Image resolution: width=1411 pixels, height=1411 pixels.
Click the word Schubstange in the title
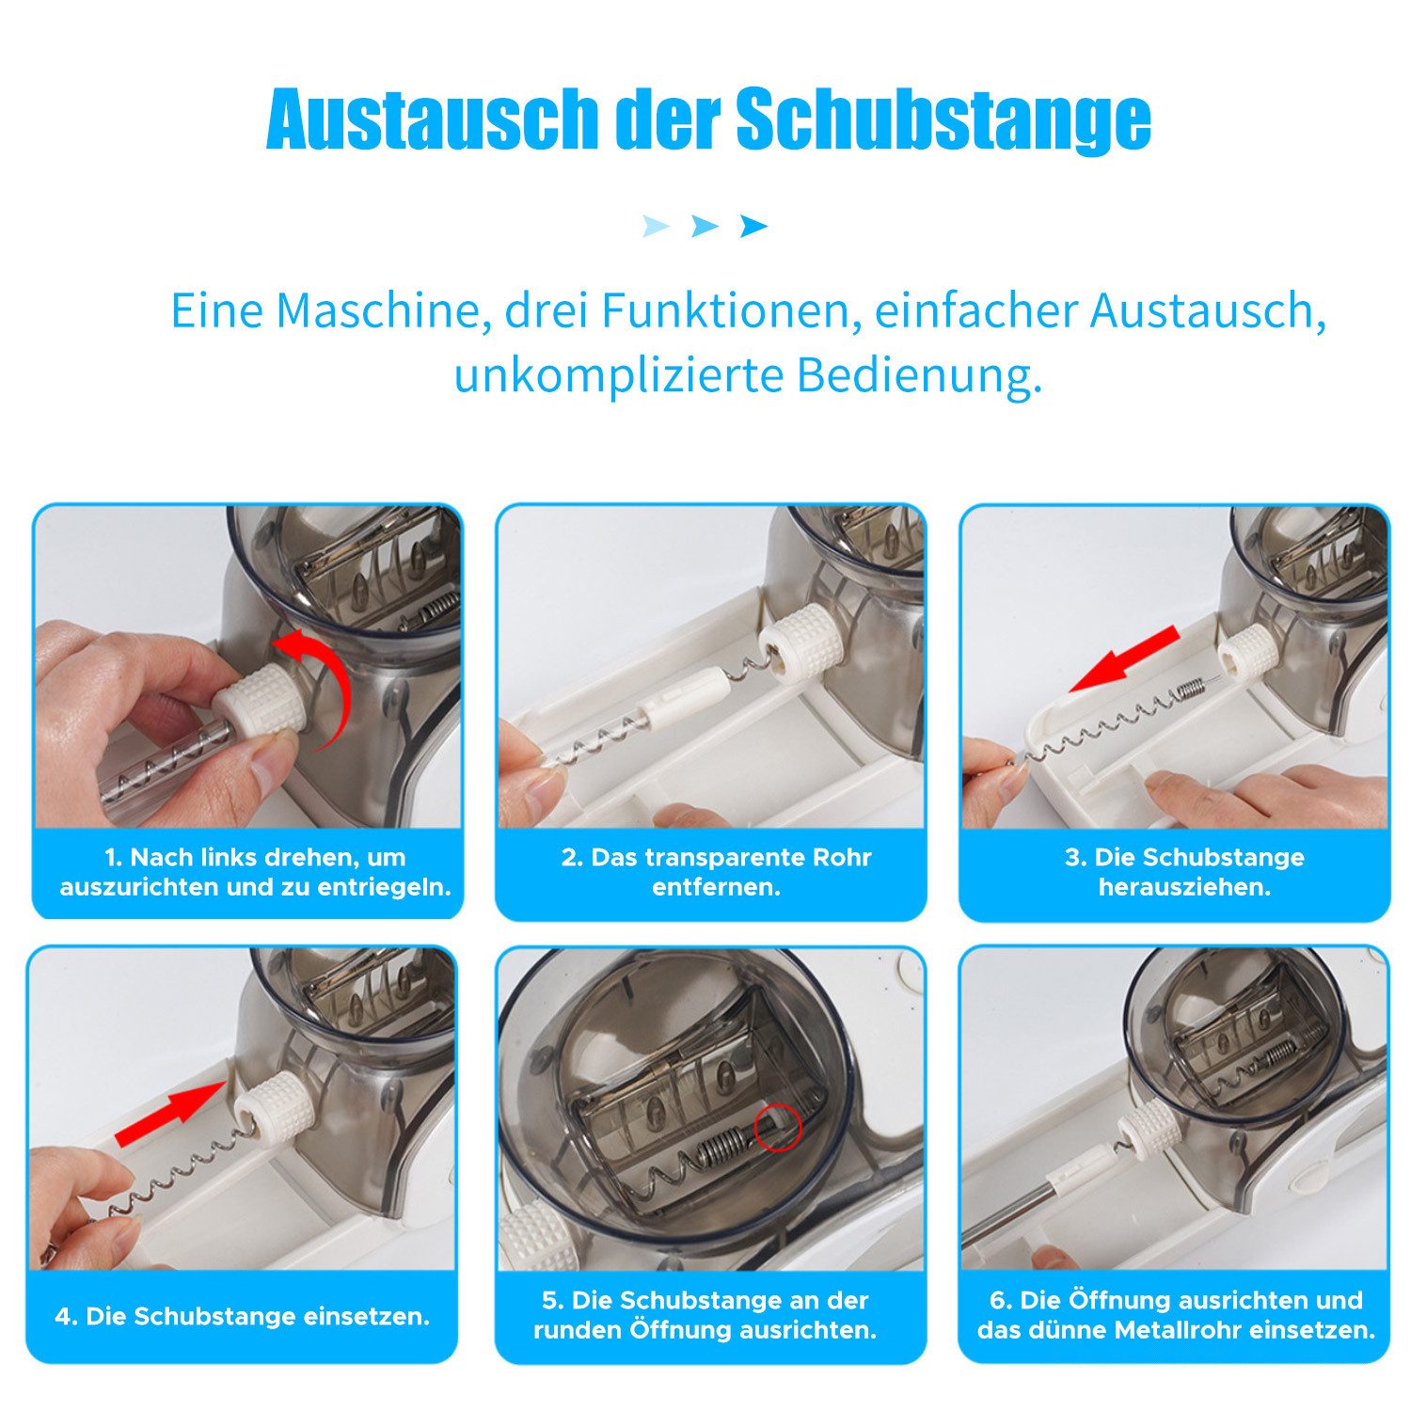[943, 120]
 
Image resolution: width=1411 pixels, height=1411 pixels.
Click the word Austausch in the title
[433, 120]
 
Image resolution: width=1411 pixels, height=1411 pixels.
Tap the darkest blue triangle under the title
[753, 226]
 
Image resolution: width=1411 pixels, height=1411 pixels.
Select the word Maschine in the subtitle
[378, 310]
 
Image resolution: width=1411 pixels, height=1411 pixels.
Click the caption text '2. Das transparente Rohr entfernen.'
[716, 872]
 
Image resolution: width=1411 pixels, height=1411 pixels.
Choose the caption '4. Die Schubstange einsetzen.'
[242, 1316]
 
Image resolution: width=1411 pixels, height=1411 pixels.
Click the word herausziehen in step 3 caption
[1184, 887]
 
